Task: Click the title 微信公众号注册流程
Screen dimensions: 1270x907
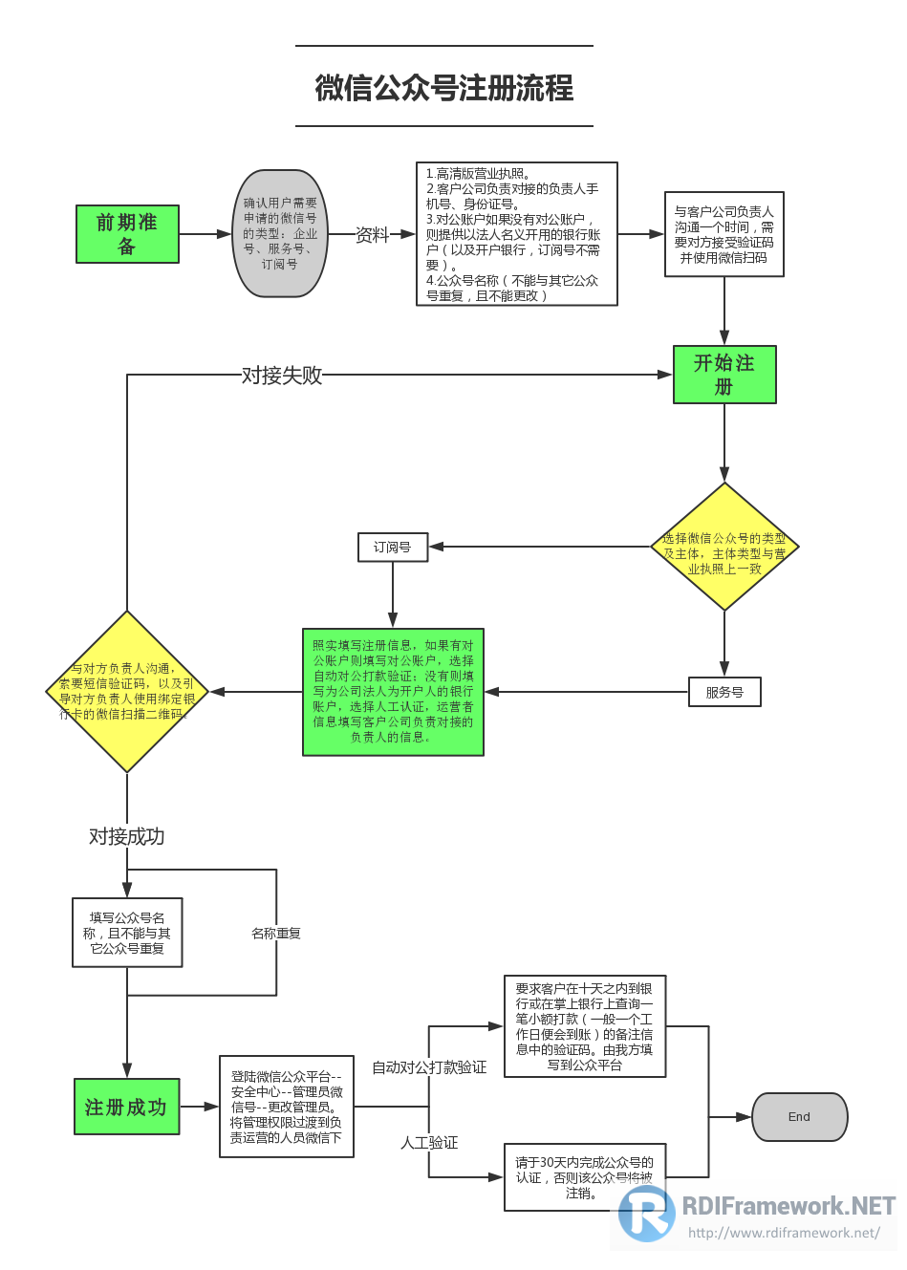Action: (x=444, y=88)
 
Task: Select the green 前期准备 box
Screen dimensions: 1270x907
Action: (x=127, y=234)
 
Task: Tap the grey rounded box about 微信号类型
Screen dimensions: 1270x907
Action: (x=280, y=234)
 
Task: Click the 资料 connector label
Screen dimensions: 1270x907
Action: (x=372, y=235)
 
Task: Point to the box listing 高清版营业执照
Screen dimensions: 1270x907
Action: (x=516, y=234)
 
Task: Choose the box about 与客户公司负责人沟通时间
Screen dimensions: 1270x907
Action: (x=723, y=234)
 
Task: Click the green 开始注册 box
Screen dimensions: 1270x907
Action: (x=724, y=375)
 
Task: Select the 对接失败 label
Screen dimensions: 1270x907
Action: (x=282, y=376)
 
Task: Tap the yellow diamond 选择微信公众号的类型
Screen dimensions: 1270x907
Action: (x=724, y=548)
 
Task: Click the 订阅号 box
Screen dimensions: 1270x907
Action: (x=393, y=548)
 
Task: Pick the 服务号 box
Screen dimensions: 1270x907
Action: (x=724, y=692)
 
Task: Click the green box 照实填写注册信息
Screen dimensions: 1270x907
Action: (x=393, y=692)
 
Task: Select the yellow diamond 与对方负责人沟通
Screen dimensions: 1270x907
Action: (x=127, y=692)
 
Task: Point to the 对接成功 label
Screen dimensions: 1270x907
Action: (x=127, y=837)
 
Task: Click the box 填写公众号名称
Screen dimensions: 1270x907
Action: (x=127, y=933)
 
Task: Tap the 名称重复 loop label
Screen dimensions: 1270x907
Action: (x=276, y=934)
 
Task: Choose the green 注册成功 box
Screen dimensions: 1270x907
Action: (x=126, y=1107)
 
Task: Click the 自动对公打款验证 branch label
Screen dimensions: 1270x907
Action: (x=429, y=1067)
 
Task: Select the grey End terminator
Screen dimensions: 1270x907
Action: (x=799, y=1117)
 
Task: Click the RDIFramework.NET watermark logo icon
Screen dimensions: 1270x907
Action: (x=646, y=1213)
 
